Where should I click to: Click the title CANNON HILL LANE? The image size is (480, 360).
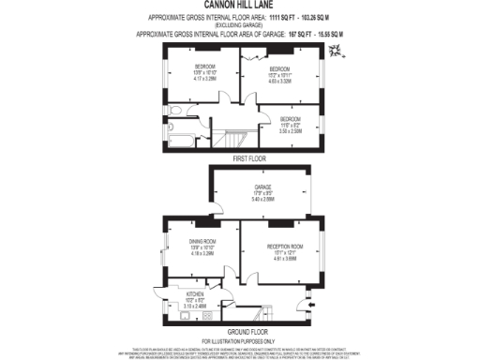(240, 6)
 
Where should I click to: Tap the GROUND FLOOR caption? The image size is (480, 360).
(240, 331)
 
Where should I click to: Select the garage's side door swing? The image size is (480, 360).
(216, 212)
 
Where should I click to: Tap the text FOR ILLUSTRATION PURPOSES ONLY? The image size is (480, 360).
(240, 339)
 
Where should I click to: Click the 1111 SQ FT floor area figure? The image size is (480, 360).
(255, 18)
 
